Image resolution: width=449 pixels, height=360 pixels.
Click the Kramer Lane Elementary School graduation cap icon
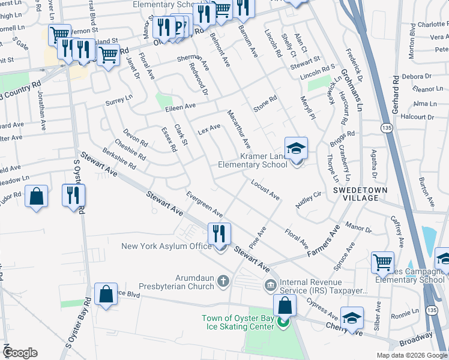coord(296,148)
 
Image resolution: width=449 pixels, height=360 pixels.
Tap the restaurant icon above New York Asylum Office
coord(219,233)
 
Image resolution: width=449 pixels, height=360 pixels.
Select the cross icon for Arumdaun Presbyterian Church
coord(223,280)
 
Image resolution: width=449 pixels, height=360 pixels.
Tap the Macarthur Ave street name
coord(239,129)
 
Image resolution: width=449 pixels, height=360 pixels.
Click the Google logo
coord(20,352)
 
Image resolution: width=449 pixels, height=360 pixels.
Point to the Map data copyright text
coord(411,355)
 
